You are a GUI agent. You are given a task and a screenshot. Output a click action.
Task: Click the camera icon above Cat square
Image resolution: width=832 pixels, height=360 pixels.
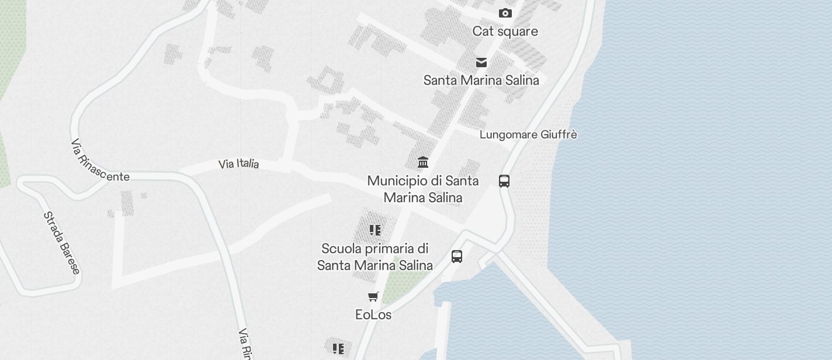(x=505, y=13)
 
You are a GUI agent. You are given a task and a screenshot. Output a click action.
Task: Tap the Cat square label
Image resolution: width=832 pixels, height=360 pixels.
(x=505, y=31)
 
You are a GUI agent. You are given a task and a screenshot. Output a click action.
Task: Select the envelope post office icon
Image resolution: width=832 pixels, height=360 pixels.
(x=481, y=63)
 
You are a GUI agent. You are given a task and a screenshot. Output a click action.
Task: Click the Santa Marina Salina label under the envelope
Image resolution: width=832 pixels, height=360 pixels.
(x=481, y=80)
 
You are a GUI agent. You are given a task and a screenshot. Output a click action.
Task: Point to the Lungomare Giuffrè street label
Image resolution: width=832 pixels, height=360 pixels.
(x=528, y=134)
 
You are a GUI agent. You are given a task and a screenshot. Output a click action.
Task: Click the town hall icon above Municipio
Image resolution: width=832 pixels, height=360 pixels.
(x=423, y=162)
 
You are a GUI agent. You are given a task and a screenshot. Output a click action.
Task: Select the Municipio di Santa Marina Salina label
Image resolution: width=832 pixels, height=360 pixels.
(x=423, y=189)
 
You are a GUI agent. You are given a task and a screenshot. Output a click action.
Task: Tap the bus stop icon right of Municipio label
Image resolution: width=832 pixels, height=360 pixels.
(x=504, y=181)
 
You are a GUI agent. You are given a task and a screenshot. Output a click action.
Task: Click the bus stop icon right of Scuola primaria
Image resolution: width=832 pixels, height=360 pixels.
(x=457, y=256)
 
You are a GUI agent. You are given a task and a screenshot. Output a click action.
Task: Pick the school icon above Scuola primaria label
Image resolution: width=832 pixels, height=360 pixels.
(x=375, y=230)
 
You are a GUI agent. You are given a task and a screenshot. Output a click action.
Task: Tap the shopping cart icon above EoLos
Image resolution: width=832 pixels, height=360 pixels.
(x=373, y=296)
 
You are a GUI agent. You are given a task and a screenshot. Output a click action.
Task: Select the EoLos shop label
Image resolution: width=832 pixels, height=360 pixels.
(x=373, y=314)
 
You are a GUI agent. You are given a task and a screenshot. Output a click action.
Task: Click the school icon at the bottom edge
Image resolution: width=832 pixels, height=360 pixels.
(x=338, y=349)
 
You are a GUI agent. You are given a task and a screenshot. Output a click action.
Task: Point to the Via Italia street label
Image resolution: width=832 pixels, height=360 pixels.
(x=238, y=164)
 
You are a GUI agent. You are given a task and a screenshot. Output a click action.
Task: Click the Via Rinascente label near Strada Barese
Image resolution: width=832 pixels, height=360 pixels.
(x=99, y=162)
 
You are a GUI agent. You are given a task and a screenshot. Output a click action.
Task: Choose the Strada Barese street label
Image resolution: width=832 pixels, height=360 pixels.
(x=61, y=243)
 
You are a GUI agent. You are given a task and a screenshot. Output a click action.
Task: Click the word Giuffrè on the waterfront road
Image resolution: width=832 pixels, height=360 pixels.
(x=559, y=134)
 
